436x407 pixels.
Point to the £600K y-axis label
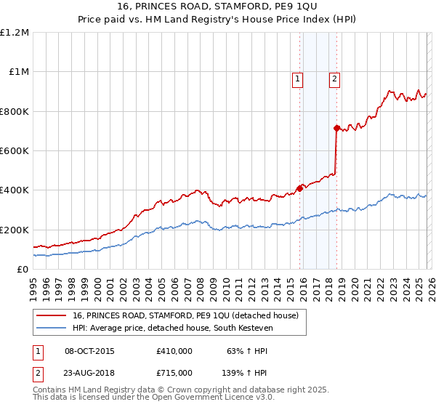[15, 151]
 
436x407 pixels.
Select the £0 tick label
[23, 270]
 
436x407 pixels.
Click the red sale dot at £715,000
[336, 128]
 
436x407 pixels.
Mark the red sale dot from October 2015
[299, 188]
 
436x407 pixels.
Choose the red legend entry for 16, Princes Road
[185, 315]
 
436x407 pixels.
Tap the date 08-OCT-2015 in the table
[89, 351]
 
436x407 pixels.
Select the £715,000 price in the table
[174, 372]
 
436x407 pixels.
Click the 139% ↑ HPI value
[245, 372]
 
